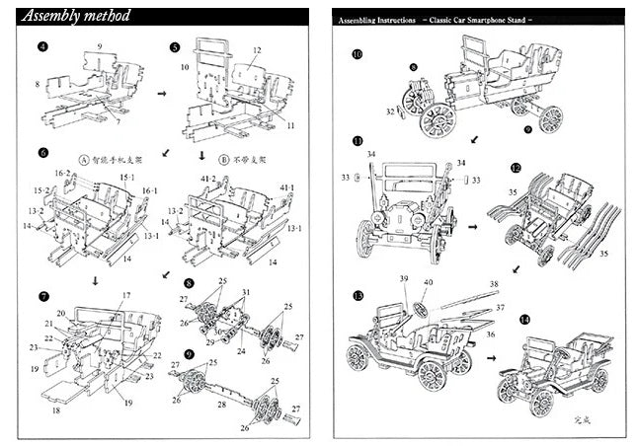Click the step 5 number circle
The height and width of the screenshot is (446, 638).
pyautogui.click(x=175, y=46)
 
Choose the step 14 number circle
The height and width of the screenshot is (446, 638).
pyautogui.click(x=523, y=320)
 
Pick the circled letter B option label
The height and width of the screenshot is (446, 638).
pyautogui.click(x=226, y=155)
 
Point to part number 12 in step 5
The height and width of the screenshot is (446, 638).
pyautogui.click(x=256, y=49)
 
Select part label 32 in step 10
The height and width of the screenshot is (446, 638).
pyautogui.click(x=392, y=112)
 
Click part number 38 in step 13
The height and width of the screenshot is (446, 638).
pyautogui.click(x=494, y=284)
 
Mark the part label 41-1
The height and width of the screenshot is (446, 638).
pyautogui.click(x=287, y=186)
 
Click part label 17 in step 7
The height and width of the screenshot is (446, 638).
pyautogui.click(x=126, y=296)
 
